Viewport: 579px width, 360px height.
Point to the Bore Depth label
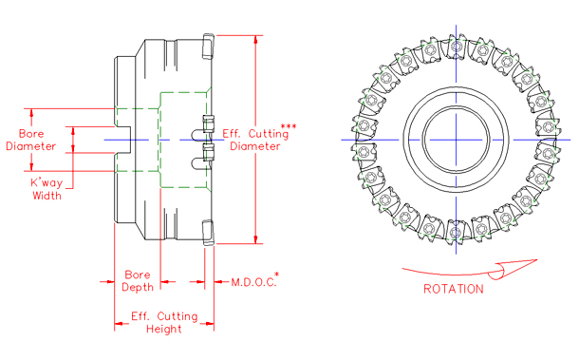pos(138,282)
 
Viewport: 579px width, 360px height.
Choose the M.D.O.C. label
pos(251,282)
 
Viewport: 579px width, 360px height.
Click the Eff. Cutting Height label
pos(163,322)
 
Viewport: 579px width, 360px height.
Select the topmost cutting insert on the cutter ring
pos(455,47)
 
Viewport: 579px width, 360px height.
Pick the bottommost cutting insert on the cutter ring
pos(455,231)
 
